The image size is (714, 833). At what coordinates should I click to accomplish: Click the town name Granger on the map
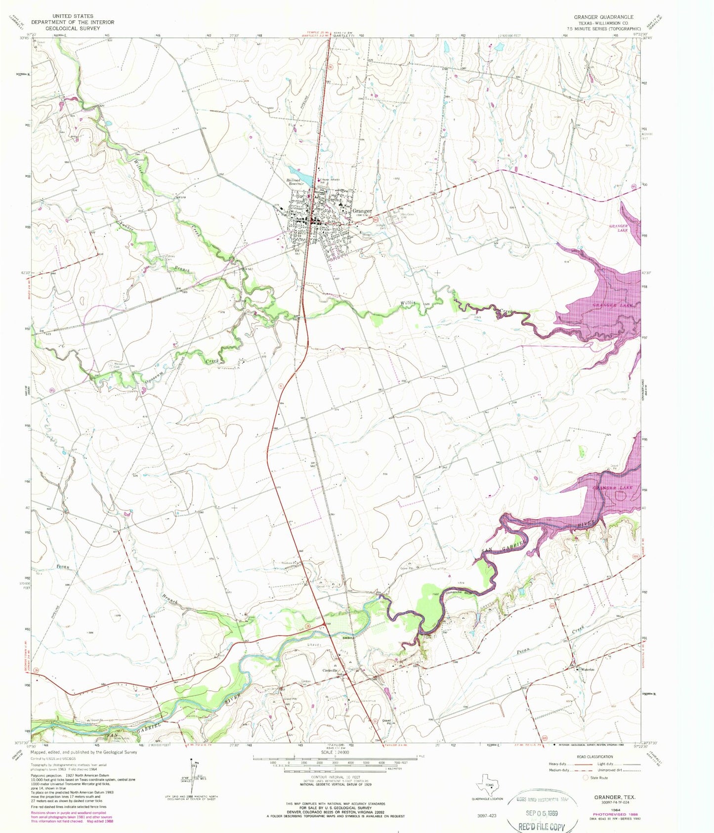(x=362, y=211)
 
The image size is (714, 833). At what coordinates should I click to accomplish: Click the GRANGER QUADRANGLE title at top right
(x=603, y=17)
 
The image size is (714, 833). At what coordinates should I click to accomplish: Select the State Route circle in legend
(x=586, y=777)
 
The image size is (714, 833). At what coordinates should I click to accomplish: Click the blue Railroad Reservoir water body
(x=305, y=178)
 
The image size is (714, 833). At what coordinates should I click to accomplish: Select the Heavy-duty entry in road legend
(x=561, y=764)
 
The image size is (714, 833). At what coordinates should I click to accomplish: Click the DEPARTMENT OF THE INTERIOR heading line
(x=73, y=22)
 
